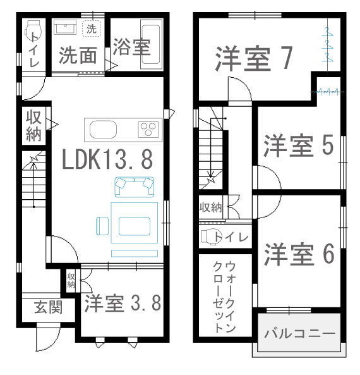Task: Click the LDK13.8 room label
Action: click(107, 159)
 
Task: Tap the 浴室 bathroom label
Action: click(131, 47)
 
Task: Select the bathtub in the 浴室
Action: click(150, 45)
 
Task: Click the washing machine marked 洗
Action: click(91, 28)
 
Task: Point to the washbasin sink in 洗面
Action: click(65, 27)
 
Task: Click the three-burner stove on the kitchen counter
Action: click(148, 129)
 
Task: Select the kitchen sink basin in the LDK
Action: click(103, 130)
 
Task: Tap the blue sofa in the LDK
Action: click(135, 187)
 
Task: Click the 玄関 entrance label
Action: click(48, 307)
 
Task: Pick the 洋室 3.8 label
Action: click(123, 303)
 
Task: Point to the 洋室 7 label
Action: click(254, 58)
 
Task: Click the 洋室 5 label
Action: click(299, 145)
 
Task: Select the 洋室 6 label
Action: click(299, 254)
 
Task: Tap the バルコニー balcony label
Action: click(299, 333)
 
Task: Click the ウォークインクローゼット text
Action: click(224, 297)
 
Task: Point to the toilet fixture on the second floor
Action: click(209, 237)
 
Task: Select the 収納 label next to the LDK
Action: click(33, 126)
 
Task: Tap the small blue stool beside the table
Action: click(103, 226)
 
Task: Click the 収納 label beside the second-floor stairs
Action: click(211, 207)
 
